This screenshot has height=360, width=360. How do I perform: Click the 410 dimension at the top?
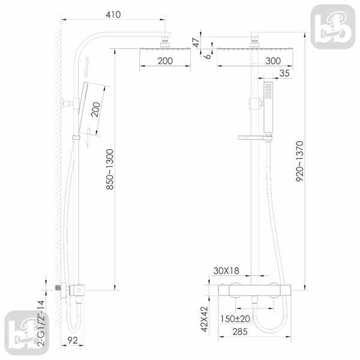113,14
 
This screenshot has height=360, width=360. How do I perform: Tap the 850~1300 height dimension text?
110,169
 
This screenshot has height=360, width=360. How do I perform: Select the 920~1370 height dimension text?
299,161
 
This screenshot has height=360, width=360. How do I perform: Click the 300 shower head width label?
273,61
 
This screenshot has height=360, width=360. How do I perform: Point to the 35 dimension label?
284,73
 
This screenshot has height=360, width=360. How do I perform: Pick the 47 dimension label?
196,43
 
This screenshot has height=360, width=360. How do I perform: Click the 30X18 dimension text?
226,271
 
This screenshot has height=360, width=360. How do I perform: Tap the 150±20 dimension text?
235,319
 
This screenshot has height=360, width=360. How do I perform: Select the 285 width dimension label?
240,332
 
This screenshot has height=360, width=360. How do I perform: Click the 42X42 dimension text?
204,319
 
